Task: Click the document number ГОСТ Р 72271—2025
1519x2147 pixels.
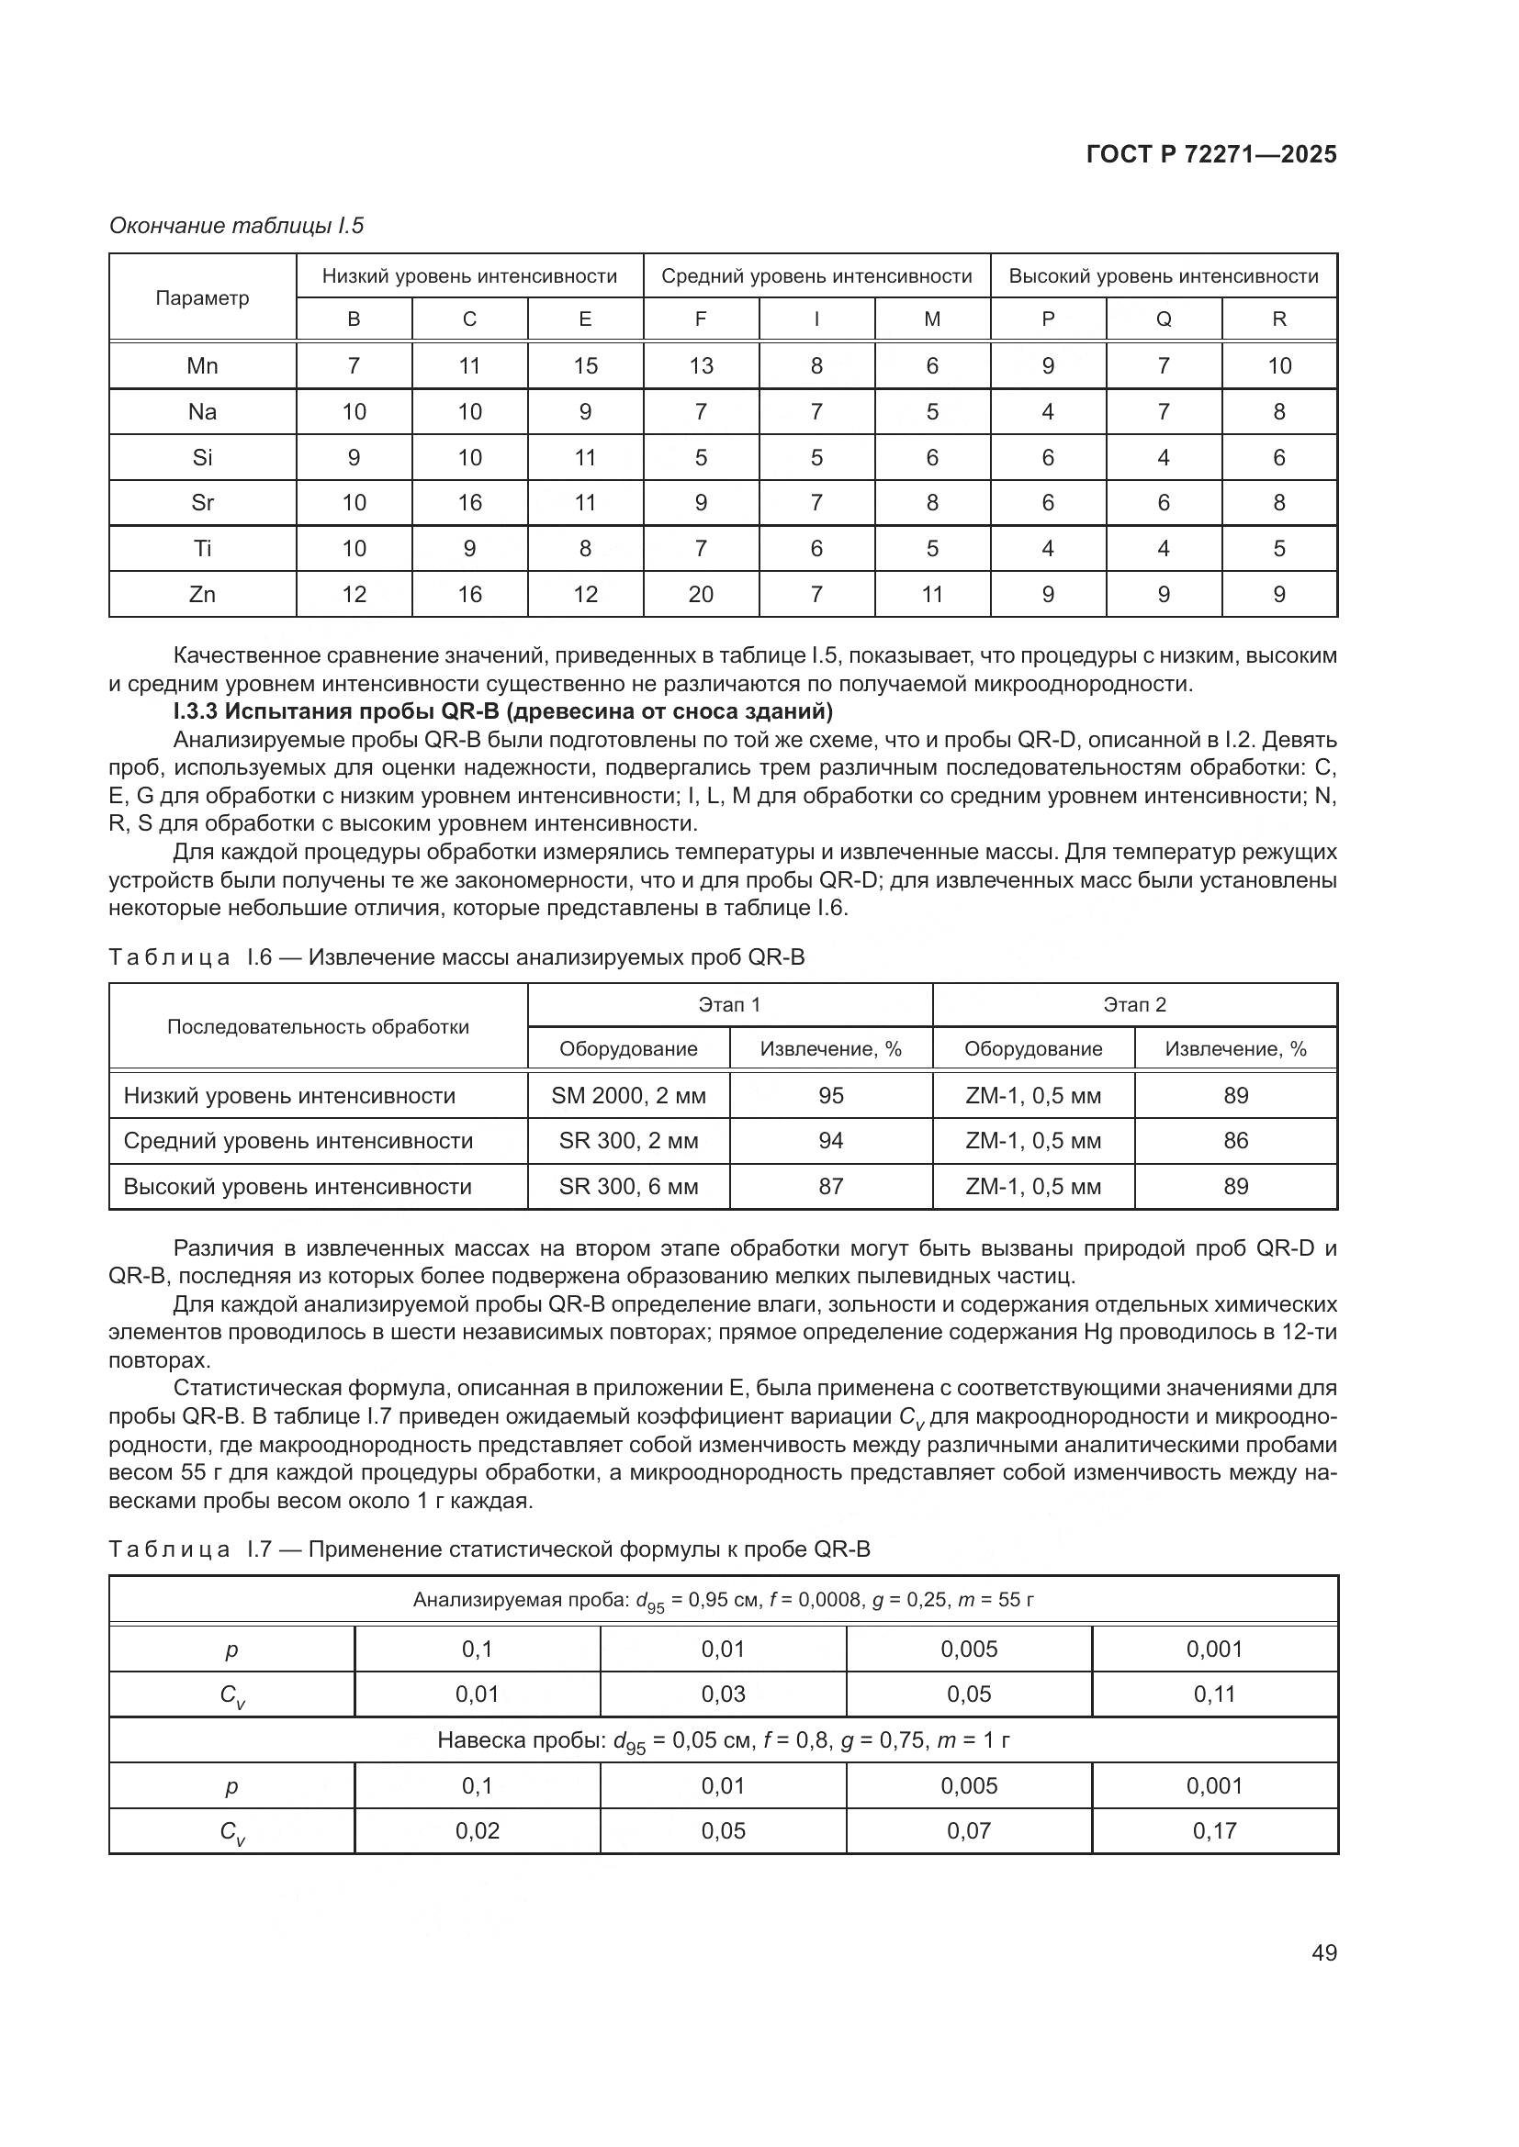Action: coord(1211,155)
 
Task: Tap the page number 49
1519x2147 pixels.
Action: coord(1323,1952)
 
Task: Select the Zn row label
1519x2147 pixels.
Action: coord(202,595)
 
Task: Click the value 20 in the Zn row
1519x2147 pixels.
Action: coord(701,595)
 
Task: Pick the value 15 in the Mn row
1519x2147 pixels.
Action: coord(586,365)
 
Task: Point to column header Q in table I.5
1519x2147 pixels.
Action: coord(1164,319)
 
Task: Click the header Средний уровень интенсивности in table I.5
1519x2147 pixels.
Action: coord(816,277)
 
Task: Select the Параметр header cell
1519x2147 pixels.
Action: coord(202,298)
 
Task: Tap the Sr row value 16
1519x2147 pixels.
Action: coord(469,503)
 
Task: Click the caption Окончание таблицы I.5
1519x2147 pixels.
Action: coord(237,226)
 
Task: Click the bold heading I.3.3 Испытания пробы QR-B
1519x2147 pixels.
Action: coord(502,711)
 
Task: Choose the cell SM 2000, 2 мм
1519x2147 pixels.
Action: coord(628,1096)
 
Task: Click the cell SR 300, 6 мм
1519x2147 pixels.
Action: coord(628,1187)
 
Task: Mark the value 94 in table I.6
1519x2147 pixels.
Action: coord(830,1141)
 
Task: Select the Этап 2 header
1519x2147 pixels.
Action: coord(1134,1005)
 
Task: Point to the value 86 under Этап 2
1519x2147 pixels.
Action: coord(1235,1141)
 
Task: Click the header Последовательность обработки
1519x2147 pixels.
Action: coord(318,1027)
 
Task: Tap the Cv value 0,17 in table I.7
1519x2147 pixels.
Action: coord(1214,1831)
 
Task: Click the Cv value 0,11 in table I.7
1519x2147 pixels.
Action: coord(1214,1694)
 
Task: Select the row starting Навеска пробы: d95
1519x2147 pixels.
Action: coord(723,1741)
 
